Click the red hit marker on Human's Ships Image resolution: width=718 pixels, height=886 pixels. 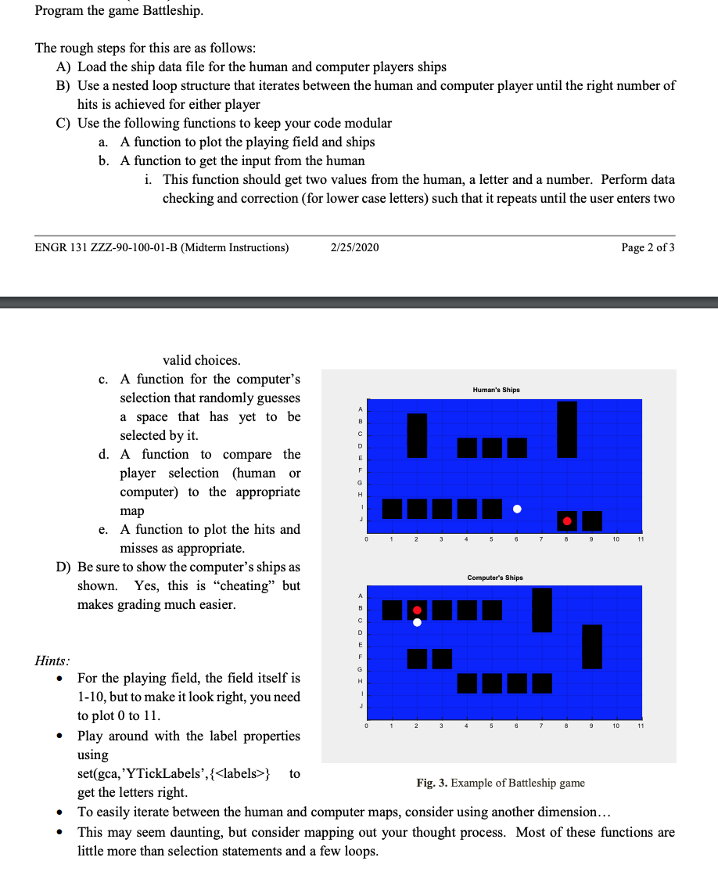[567, 520]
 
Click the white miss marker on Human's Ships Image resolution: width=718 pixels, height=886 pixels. [517, 509]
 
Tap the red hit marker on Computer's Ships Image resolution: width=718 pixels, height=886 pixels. [417, 610]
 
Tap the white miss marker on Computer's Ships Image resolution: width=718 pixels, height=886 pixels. [417, 623]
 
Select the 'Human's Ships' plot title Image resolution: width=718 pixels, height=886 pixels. [496, 390]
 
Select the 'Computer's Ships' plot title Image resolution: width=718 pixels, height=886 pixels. [496, 578]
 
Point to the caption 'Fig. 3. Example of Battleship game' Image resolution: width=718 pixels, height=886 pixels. [501, 783]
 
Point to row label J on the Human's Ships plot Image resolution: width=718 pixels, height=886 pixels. [361, 520]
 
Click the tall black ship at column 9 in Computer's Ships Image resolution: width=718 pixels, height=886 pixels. [592, 646]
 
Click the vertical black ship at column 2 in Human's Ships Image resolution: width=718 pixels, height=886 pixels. [418, 435]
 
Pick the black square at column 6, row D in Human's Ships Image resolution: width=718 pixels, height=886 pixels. [517, 448]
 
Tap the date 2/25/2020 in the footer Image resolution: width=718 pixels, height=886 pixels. [354, 247]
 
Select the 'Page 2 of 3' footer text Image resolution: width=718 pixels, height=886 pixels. [648, 247]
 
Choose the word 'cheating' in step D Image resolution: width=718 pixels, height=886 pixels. [250, 585]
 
